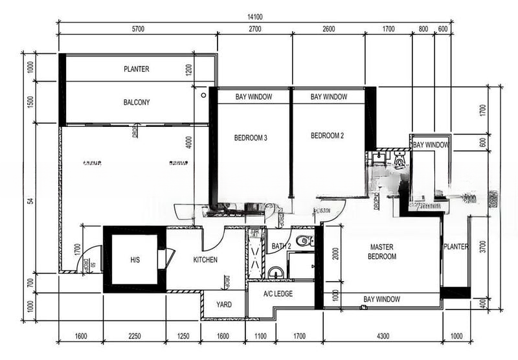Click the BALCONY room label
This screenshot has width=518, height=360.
[x=136, y=102]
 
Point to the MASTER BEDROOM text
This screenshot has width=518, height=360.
[x=382, y=252]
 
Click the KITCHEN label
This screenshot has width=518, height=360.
[x=205, y=260]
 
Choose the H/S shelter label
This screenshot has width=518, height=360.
[x=135, y=260]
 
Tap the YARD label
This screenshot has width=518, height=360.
[x=224, y=304]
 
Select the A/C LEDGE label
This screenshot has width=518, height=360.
[x=278, y=293]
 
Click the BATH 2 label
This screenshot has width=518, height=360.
[x=280, y=246]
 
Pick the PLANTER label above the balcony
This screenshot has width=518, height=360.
[x=137, y=69]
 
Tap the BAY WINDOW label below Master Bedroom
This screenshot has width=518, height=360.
[x=381, y=299]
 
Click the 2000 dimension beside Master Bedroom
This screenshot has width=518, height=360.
[x=335, y=253]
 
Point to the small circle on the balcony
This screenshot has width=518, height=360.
[x=204, y=95]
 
